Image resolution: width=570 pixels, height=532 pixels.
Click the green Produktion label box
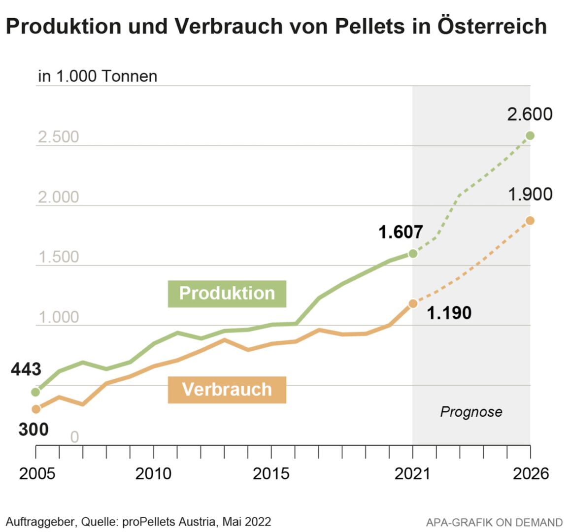(227, 294)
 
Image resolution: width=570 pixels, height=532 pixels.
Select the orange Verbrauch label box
(227, 390)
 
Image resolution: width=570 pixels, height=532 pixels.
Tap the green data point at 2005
(35, 392)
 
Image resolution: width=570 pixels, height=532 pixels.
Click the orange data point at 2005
(35, 409)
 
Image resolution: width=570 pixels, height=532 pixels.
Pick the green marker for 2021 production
(413, 254)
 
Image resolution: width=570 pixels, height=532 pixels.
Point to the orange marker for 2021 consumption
(413, 304)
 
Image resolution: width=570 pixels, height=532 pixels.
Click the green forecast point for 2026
(530, 135)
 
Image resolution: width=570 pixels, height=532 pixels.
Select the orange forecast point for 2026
(530, 221)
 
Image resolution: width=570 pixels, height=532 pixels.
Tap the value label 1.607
(400, 232)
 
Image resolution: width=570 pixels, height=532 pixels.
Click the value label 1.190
(449, 313)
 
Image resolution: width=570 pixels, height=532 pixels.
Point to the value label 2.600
(530, 114)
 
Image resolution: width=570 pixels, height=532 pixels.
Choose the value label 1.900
(530, 195)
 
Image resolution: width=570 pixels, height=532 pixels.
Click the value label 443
(26, 369)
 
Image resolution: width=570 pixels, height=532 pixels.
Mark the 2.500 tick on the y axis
(58, 137)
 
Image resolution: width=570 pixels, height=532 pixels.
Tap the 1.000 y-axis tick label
(58, 317)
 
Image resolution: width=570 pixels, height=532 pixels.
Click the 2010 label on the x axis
(153, 474)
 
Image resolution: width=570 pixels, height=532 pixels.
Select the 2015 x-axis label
(271, 474)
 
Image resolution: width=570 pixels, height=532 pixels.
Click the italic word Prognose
(471, 412)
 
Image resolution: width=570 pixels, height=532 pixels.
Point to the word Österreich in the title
(492, 26)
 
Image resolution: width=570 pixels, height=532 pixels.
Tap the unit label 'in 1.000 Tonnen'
(98, 76)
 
